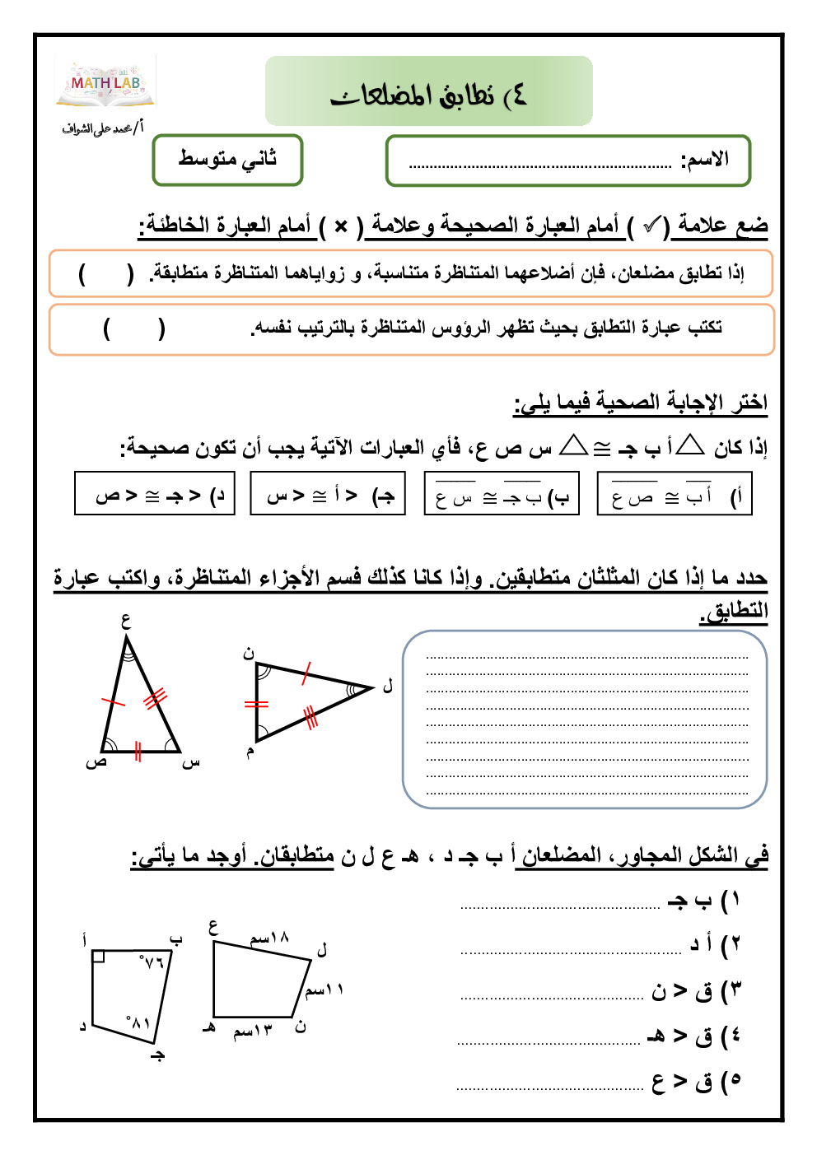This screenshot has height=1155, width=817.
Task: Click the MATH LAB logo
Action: [x=105, y=84]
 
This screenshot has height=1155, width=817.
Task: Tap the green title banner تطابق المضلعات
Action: [x=428, y=91]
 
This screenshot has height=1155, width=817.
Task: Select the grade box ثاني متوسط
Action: [x=227, y=160]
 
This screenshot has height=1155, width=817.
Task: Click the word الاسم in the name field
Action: [x=705, y=160]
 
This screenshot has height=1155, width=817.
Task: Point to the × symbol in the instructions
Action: [x=341, y=225]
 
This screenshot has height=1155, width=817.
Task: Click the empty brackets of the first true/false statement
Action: [x=105, y=273]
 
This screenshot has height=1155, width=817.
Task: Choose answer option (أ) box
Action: [x=675, y=494]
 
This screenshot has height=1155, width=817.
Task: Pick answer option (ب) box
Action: [x=502, y=494]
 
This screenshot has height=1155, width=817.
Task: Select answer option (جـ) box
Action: [x=328, y=494]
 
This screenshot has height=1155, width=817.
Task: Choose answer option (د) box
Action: [x=155, y=494]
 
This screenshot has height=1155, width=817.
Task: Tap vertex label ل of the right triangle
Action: [x=388, y=686]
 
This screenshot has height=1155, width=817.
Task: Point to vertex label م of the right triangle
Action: [x=250, y=751]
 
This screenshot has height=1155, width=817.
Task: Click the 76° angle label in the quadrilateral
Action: [x=152, y=961]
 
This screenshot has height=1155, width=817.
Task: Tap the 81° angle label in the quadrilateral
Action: [x=138, y=1022]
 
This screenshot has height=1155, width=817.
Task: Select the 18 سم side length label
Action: [x=269, y=938]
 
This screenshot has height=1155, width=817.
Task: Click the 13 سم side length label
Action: [x=252, y=1031]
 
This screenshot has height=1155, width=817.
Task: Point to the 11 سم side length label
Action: [x=324, y=989]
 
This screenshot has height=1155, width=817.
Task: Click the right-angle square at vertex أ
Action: [x=98, y=956]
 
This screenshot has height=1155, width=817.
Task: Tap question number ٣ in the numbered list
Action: [x=735, y=990]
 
